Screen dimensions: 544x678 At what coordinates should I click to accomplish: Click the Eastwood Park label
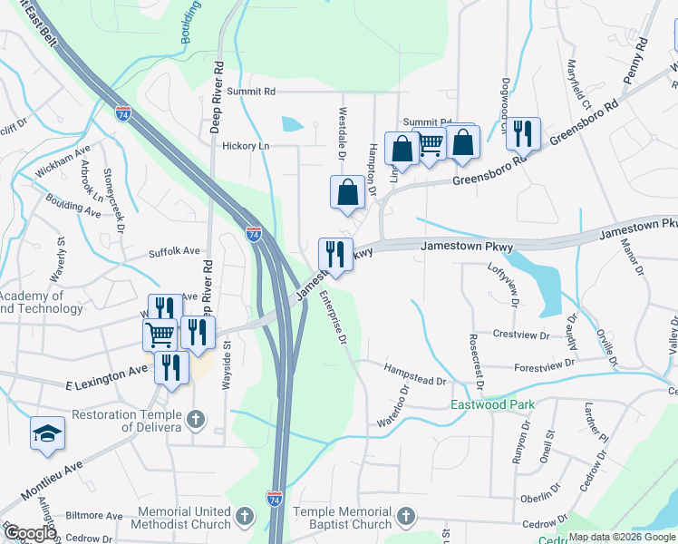(493, 404)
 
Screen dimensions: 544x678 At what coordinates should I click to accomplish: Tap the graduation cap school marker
(47, 434)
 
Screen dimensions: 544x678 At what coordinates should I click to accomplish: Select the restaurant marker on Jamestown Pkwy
(335, 254)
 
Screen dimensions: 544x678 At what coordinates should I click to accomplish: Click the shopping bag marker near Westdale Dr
(347, 192)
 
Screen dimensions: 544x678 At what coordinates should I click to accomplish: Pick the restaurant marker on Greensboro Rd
(523, 133)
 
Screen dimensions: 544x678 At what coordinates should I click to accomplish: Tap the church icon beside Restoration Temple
(198, 421)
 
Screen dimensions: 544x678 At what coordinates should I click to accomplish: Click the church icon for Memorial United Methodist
(243, 517)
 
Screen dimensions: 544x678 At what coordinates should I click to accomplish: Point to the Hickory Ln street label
(247, 145)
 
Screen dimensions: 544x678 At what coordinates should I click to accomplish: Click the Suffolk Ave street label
(174, 250)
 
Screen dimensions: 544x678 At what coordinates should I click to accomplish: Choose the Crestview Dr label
(521, 335)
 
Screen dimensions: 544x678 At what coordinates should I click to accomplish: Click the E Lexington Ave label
(106, 379)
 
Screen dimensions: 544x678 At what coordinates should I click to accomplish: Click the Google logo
(30, 533)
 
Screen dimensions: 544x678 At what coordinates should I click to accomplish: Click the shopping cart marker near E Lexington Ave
(160, 335)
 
